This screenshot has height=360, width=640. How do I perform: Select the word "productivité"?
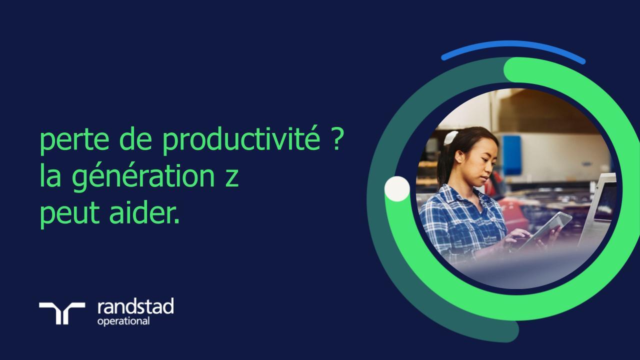[241, 142]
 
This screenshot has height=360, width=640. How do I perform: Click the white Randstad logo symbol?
[62, 313]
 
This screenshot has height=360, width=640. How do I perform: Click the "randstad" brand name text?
[135, 306]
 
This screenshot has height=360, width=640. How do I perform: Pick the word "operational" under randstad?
[123, 321]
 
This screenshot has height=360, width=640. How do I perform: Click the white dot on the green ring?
[397, 189]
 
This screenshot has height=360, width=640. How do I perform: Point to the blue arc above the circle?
[513, 48]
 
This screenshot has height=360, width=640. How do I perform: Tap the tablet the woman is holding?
[547, 228]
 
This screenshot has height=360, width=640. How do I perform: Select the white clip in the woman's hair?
[450, 137]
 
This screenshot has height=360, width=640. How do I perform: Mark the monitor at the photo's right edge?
[600, 205]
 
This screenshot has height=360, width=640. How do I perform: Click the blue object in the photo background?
[511, 155]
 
